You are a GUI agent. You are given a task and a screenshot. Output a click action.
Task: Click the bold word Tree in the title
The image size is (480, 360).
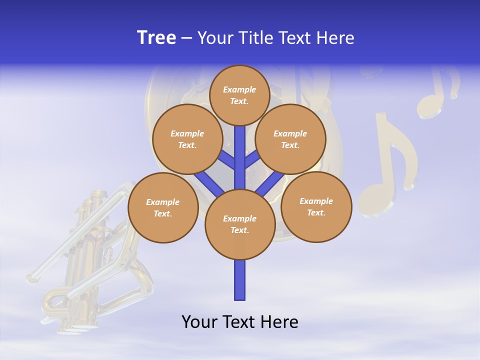click(x=156, y=38)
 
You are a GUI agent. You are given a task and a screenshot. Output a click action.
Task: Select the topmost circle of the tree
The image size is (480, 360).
click(x=239, y=95)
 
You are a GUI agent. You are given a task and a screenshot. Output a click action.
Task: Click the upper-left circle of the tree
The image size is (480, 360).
click(x=187, y=139)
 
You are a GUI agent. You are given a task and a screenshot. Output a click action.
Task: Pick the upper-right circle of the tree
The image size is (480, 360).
click(x=290, y=139)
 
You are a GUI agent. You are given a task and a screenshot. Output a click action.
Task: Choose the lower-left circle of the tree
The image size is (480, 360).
click(x=163, y=207)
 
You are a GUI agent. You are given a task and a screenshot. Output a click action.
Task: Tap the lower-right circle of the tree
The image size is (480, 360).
click(x=316, y=206)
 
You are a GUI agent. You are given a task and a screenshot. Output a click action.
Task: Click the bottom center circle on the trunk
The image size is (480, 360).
click(x=240, y=224)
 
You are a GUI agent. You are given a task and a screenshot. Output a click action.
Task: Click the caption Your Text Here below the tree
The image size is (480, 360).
click(x=240, y=322)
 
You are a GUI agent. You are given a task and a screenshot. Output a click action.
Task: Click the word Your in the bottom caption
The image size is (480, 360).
click(x=199, y=322)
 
